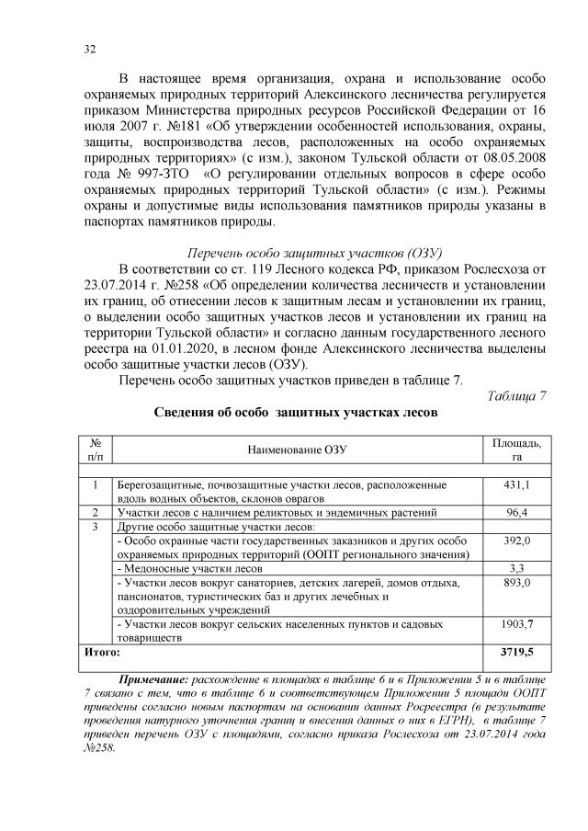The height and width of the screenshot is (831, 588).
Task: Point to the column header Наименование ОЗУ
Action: [x=298, y=450]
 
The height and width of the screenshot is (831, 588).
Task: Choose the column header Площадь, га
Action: [x=516, y=450]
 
